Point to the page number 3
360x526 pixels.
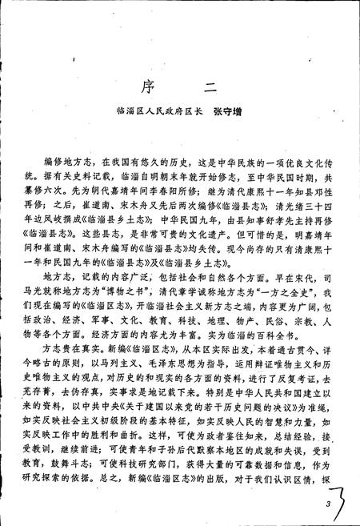(x=328, y=504)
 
